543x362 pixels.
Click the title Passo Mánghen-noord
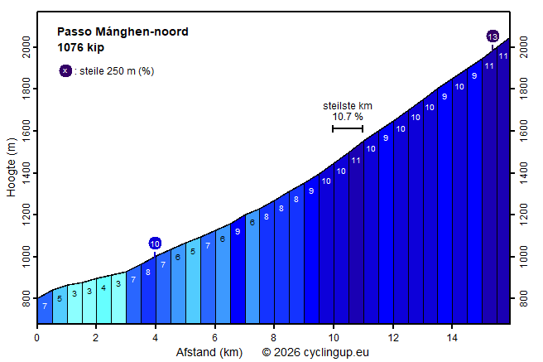click(123, 32)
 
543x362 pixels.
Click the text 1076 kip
click(80, 47)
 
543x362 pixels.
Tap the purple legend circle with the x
click(65, 71)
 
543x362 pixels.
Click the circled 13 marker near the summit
click(493, 36)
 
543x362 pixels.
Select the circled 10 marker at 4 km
click(155, 243)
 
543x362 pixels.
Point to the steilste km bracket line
click(348, 128)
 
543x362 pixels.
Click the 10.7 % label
click(348, 117)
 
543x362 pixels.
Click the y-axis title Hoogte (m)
click(12, 168)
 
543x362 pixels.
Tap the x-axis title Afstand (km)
click(209, 353)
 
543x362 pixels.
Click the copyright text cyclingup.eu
click(315, 353)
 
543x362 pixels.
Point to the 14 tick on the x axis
click(452, 337)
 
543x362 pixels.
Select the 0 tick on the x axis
click(37, 337)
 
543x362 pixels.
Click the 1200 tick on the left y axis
click(25, 215)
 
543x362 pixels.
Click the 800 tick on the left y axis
click(25, 299)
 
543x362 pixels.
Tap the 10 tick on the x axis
click(334, 337)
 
